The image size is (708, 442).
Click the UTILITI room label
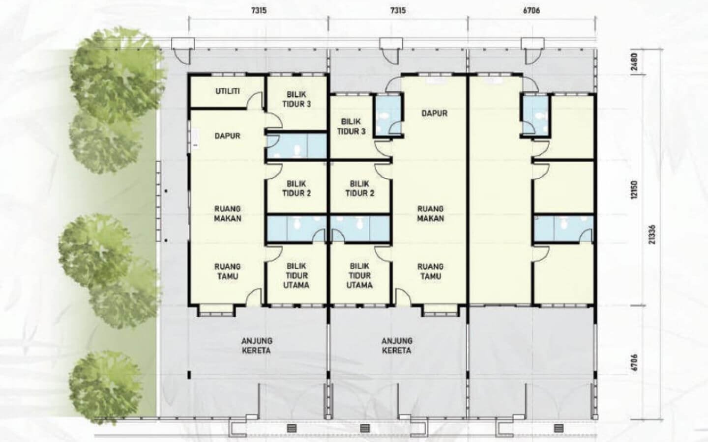228,91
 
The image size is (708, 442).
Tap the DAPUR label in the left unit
228,136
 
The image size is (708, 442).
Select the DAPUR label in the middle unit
435,113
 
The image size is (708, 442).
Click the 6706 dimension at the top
531,10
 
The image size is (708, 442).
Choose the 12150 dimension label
634,190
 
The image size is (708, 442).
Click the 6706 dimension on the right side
634,363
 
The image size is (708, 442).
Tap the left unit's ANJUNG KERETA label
257,346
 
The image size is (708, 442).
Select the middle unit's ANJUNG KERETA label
397,346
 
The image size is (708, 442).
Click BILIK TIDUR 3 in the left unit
296,99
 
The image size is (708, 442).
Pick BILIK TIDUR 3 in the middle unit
351,126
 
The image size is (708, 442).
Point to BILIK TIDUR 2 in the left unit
296,188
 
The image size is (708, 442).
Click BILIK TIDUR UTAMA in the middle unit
359,276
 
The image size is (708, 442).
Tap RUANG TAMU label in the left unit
228,271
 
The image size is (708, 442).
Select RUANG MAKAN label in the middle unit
431,214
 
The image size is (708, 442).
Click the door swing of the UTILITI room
255,100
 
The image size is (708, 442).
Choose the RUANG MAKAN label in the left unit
228,214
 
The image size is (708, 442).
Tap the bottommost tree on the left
105,387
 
